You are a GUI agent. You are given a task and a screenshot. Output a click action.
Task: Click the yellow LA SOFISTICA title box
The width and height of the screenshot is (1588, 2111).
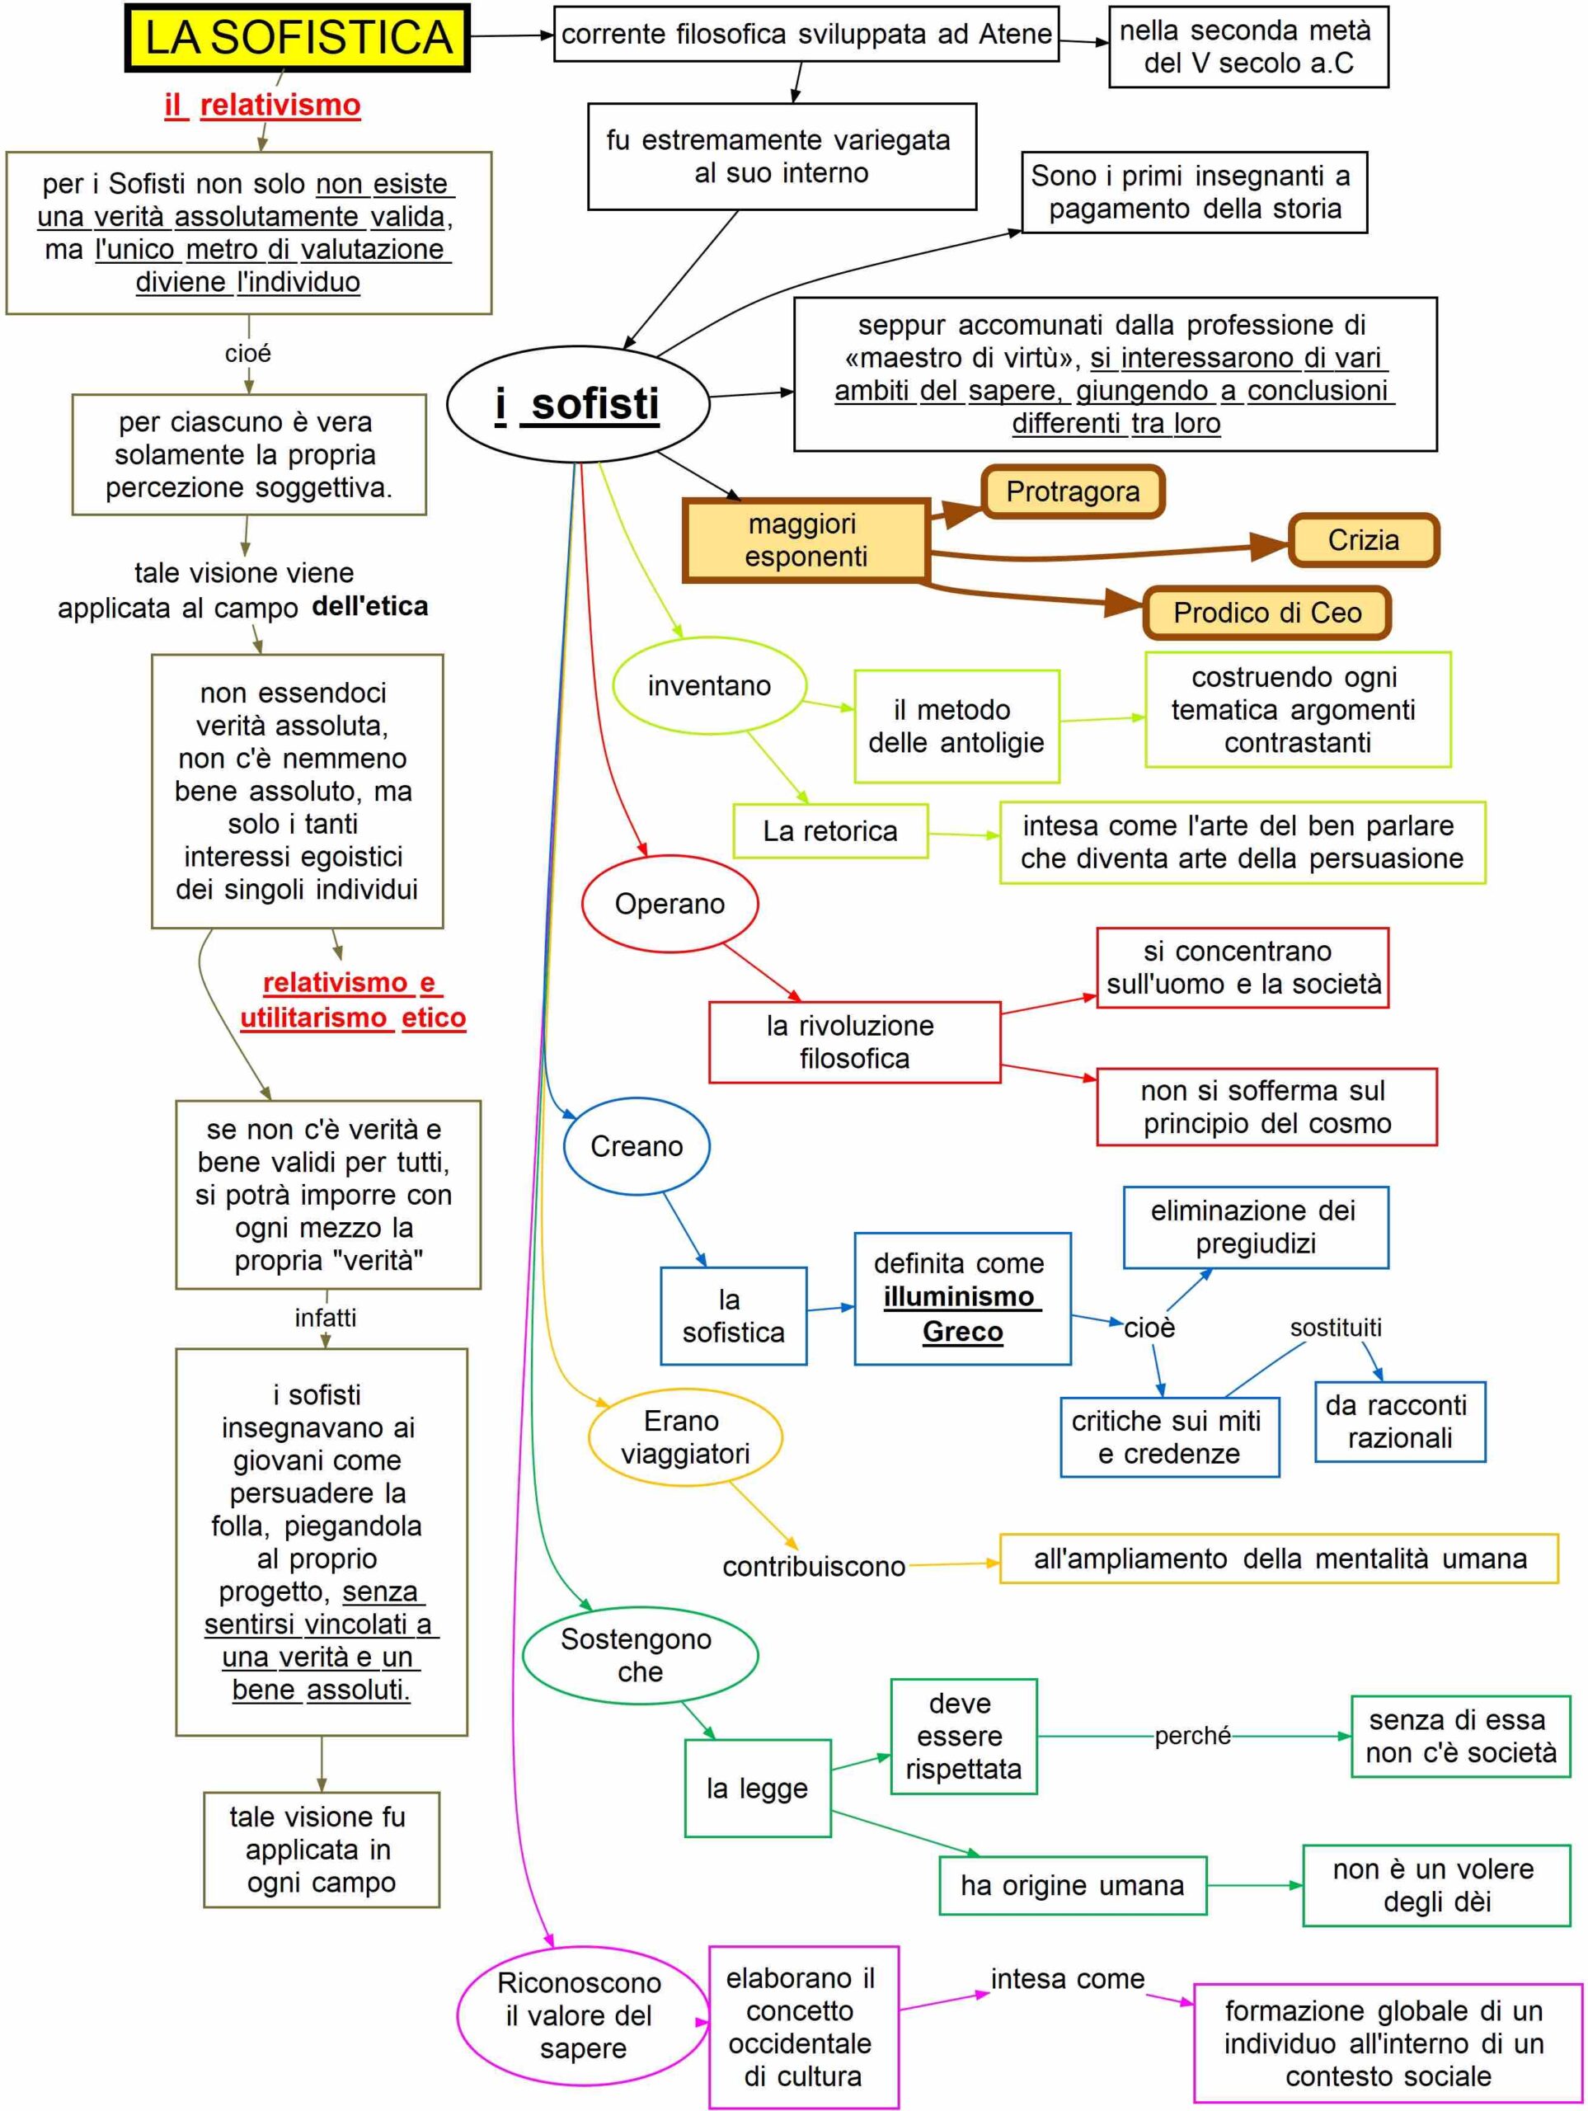[x=297, y=37]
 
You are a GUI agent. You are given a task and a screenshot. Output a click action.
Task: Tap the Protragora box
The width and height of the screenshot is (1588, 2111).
[x=1073, y=491]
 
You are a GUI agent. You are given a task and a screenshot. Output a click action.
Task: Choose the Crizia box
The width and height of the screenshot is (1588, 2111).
[x=1363, y=540]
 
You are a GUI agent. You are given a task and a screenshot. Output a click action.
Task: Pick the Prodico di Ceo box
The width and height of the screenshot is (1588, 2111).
[x=1266, y=613]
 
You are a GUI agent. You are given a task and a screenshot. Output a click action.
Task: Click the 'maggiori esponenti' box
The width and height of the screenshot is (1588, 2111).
[x=806, y=540]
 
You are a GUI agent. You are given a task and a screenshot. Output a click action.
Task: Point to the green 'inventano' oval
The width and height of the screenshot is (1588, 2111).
[x=708, y=686]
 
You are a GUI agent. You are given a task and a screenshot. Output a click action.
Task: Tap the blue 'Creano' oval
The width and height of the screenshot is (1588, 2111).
[x=637, y=1146]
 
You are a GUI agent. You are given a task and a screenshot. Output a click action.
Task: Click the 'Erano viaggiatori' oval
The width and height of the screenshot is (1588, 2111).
[x=684, y=1437]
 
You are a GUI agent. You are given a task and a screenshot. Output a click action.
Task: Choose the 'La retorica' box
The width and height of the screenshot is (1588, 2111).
[x=829, y=831]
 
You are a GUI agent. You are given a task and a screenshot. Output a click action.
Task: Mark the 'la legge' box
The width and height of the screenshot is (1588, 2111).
[x=757, y=1789]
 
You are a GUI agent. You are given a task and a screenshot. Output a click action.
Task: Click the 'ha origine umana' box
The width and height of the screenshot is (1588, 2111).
[x=1072, y=1886]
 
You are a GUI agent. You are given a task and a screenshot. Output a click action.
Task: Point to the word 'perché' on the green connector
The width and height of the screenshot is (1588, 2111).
[x=1192, y=1736]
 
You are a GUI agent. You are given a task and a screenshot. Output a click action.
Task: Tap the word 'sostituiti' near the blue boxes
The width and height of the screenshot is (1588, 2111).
[x=1335, y=1328]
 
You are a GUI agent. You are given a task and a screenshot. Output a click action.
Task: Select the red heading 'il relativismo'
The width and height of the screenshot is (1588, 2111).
[x=262, y=105]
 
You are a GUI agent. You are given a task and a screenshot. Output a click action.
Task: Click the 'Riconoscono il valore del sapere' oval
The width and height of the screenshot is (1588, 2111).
[x=582, y=2015]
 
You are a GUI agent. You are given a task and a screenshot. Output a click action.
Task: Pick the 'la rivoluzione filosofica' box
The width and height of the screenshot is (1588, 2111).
[x=854, y=1042]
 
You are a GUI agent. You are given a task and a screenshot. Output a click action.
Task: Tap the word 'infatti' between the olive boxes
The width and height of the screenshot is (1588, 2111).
[x=326, y=1318]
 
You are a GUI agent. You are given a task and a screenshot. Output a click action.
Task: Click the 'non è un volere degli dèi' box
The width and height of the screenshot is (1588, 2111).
[x=1436, y=1885]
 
